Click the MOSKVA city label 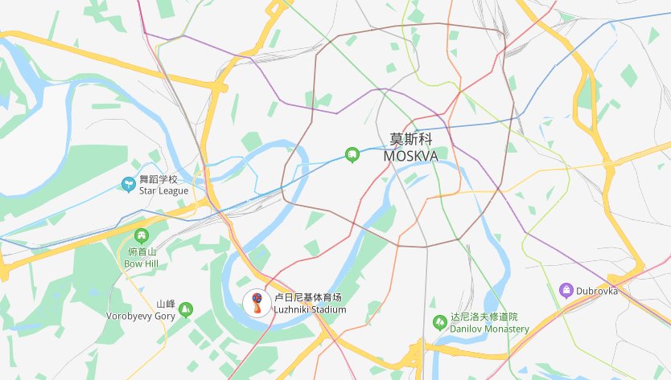411,156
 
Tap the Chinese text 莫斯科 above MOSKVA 411,138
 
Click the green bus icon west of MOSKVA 352,153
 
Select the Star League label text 163,190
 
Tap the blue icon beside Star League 127,184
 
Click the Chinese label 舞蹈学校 158,179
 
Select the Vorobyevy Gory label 140,316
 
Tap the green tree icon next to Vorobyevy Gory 187,308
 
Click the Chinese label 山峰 166,304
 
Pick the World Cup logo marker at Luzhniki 254,303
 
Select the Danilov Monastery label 489,329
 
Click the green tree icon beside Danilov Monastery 439,322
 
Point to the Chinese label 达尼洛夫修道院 484,317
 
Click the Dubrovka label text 596,291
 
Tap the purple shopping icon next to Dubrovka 566,289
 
